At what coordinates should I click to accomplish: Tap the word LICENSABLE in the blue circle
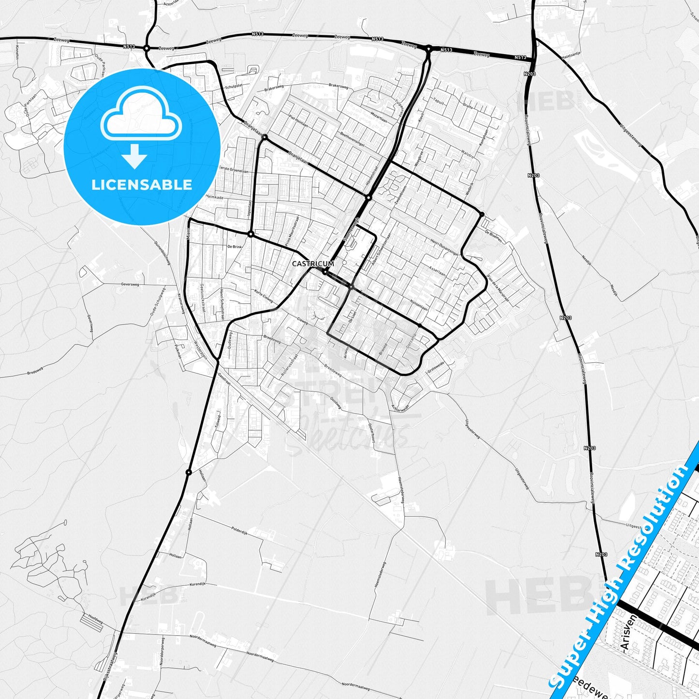click(142, 184)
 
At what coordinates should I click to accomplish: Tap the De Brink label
click(234, 247)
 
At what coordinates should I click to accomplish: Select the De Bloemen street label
click(493, 237)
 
